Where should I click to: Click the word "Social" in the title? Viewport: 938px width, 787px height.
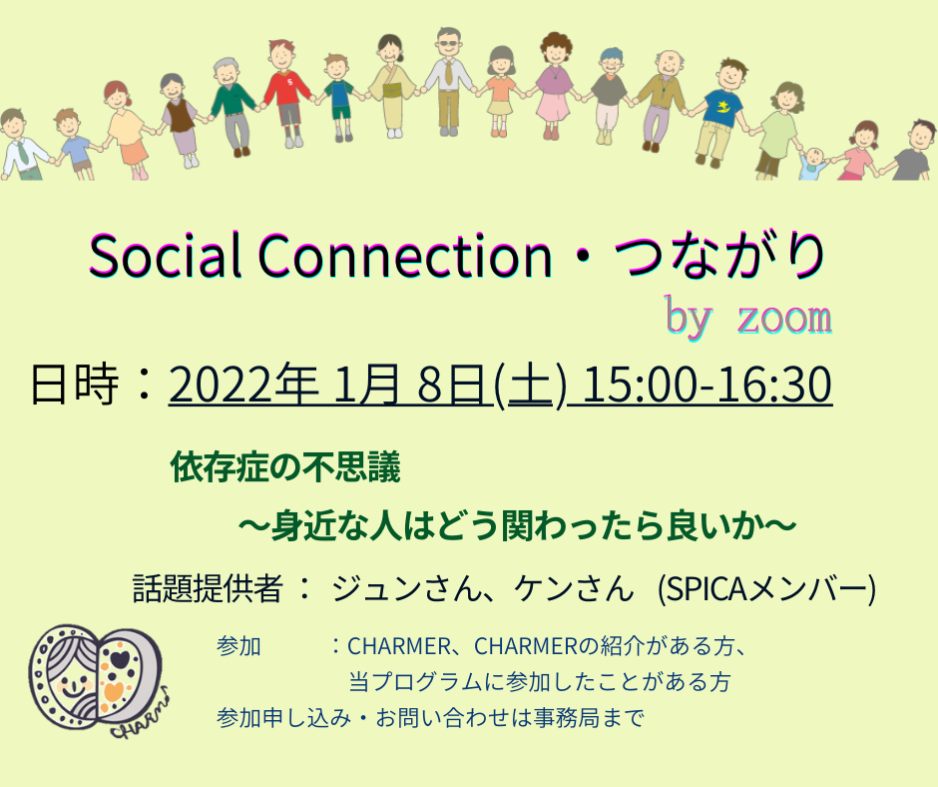click(165, 256)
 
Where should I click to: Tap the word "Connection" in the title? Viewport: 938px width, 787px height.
click(405, 256)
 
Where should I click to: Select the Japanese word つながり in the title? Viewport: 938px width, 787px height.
click(719, 256)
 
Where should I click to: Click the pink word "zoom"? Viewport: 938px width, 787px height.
click(784, 318)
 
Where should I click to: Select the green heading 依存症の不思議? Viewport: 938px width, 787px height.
click(285, 467)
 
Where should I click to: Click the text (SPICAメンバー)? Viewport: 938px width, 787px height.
click(766, 589)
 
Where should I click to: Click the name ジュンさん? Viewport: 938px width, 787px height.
click(407, 588)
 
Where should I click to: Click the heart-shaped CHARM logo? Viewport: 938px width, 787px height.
click(97, 680)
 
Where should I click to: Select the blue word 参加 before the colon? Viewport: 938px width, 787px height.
click(238, 647)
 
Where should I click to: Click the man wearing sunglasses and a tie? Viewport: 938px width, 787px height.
click(448, 82)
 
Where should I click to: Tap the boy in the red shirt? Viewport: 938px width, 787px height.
click(287, 93)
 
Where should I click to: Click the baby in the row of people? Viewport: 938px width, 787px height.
click(813, 163)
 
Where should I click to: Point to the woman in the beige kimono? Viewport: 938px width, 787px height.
click(391, 86)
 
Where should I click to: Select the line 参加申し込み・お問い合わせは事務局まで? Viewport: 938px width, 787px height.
click(430, 717)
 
